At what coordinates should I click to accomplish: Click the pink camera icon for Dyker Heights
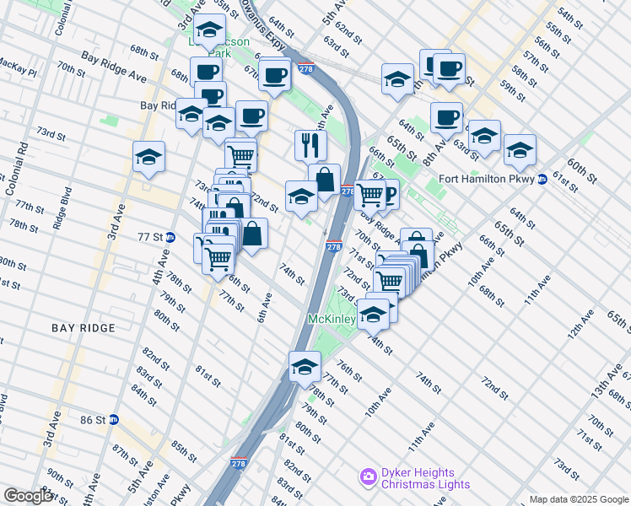coord(368,478)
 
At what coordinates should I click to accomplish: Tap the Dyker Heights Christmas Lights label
coord(417,478)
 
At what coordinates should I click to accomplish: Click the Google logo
coord(28,496)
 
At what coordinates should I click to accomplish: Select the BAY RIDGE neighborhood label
coord(83,327)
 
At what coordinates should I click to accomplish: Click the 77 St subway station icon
coord(170,238)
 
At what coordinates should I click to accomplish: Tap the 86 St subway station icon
coord(115,419)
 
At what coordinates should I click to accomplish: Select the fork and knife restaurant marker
coord(310,145)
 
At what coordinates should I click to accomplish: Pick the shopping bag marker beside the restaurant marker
coord(324,179)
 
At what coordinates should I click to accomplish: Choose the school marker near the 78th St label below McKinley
coord(305,366)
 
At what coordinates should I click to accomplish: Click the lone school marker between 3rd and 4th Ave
coord(148,156)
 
